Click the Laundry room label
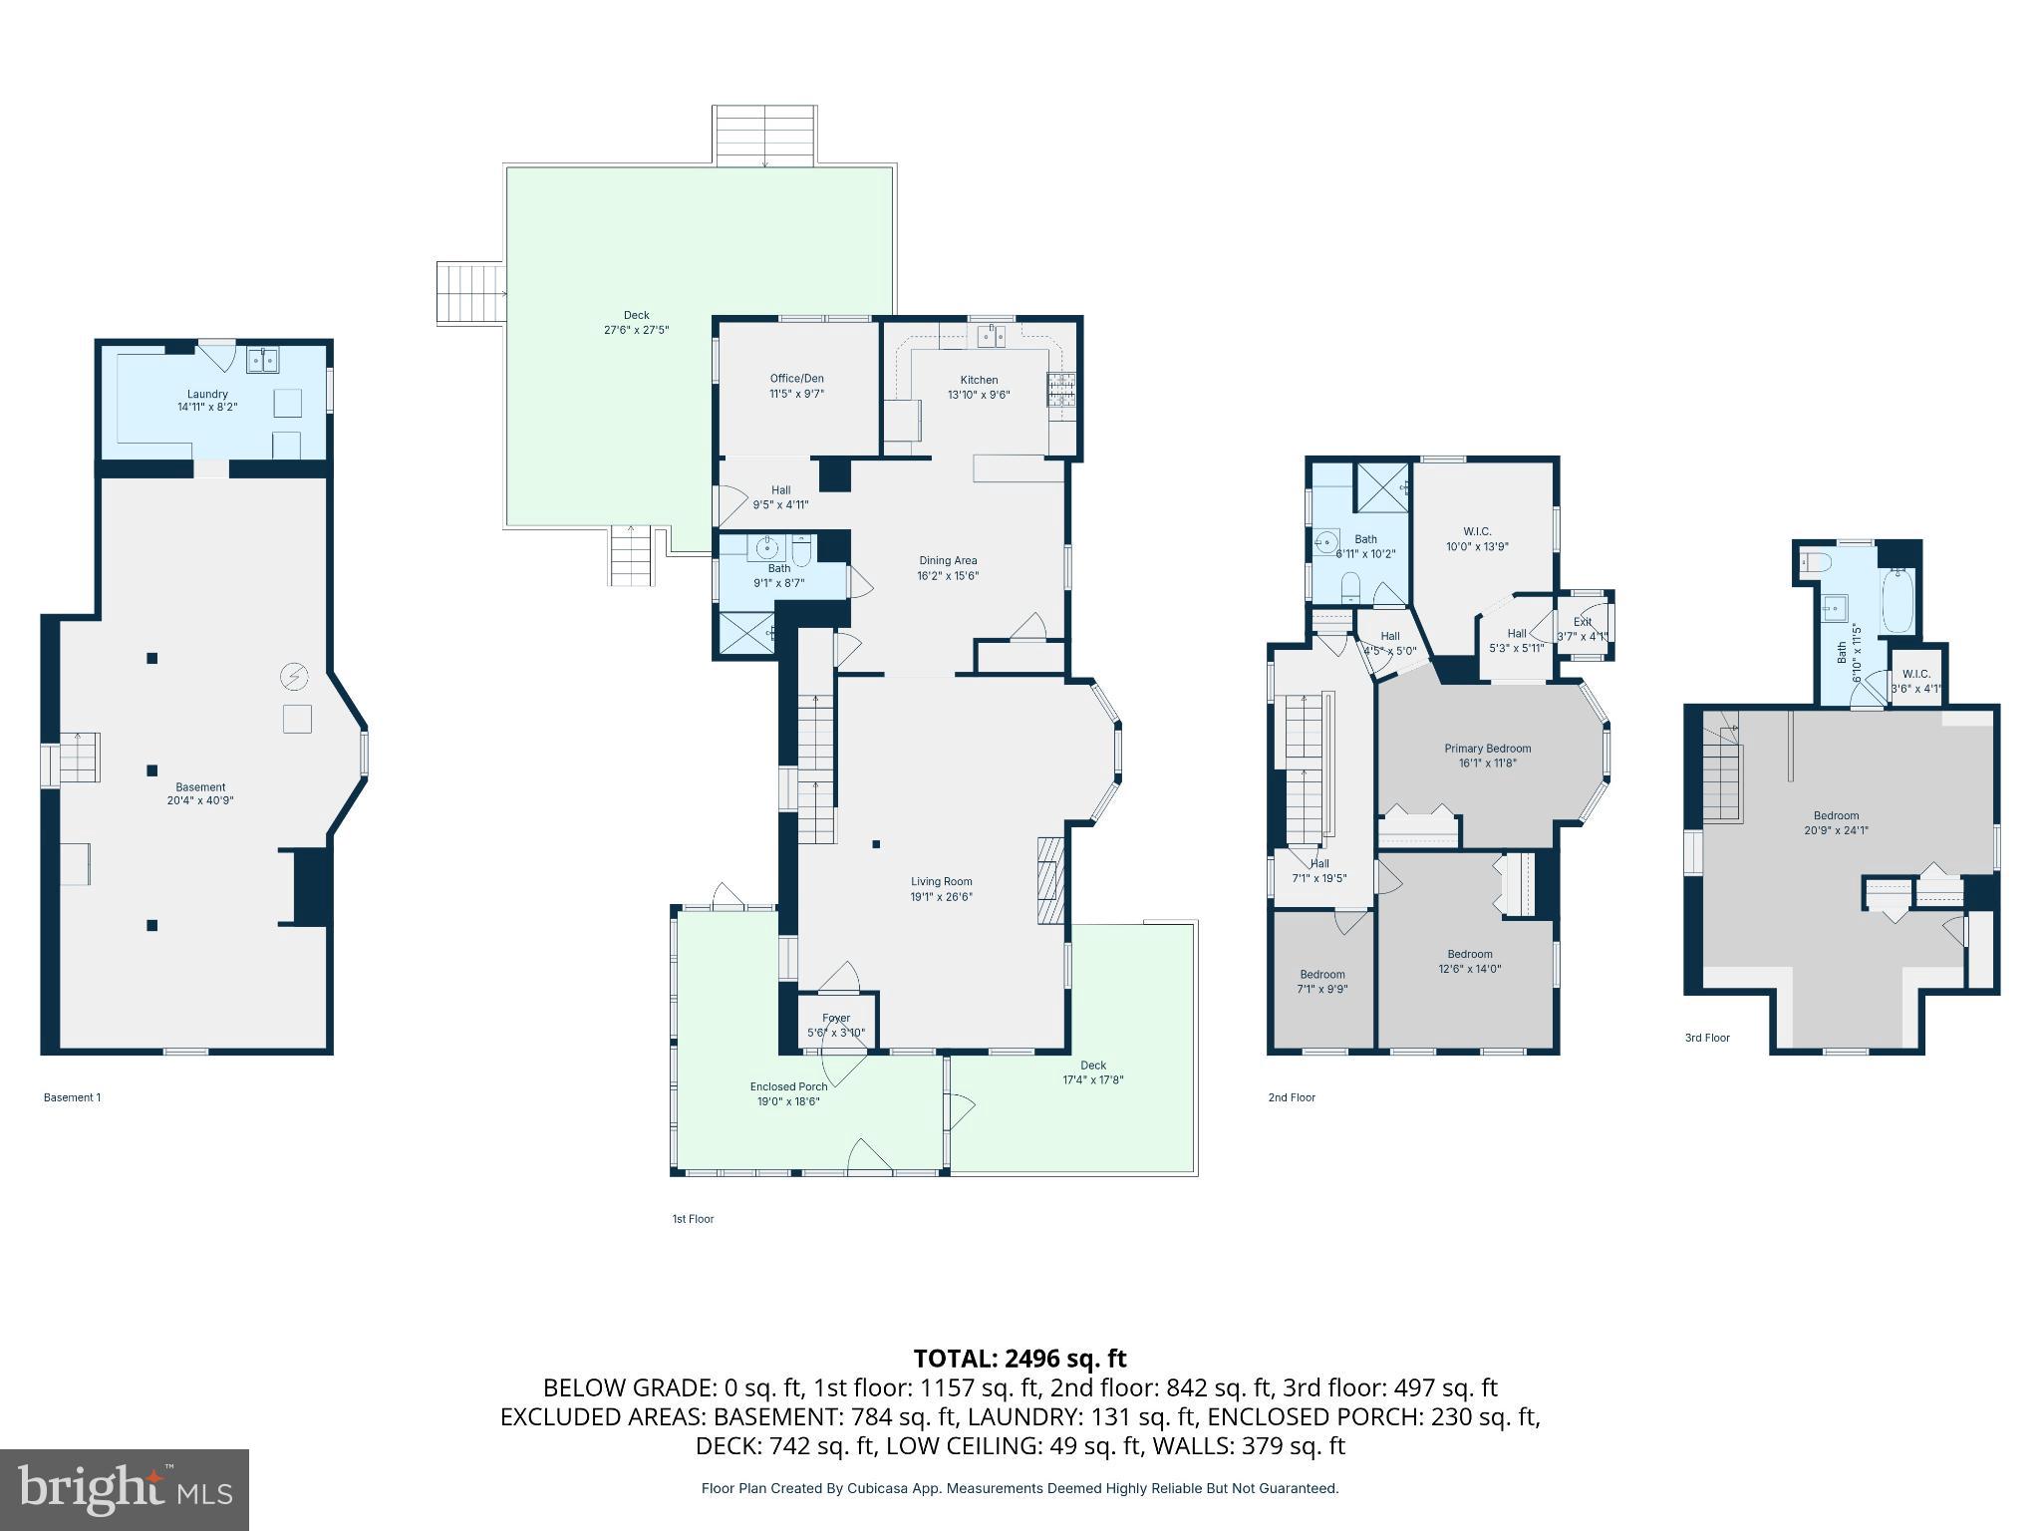[x=207, y=395]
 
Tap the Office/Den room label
[x=796, y=379]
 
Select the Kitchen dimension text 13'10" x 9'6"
[x=979, y=394]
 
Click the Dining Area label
[x=947, y=560]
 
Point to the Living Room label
[x=941, y=881]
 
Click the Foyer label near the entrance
[x=836, y=1018]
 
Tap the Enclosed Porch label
[x=788, y=1086]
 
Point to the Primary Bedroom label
[x=1487, y=749]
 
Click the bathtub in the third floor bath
[x=1897, y=601]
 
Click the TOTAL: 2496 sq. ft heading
[x=1020, y=1359]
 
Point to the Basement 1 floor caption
[x=72, y=1097]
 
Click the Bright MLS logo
[x=125, y=1489]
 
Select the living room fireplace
[x=1051, y=881]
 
